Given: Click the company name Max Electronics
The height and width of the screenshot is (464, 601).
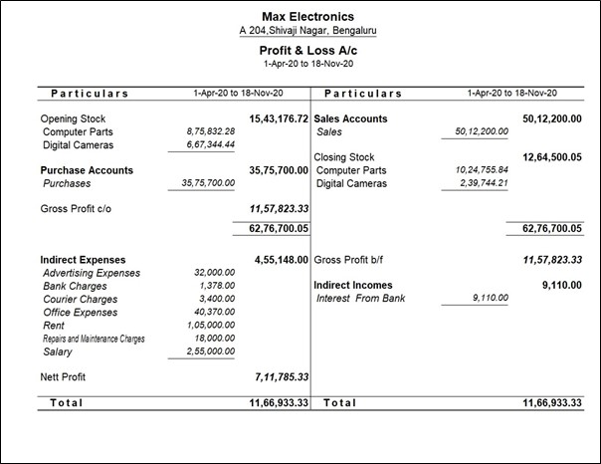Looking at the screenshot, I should click(307, 16).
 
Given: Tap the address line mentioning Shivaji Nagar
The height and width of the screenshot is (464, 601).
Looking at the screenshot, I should click(307, 31).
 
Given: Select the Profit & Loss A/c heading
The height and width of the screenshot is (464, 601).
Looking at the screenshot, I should click(307, 50).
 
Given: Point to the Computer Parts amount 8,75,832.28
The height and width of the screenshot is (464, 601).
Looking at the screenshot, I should click(210, 131).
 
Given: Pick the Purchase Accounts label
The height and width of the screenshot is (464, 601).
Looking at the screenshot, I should click(87, 170).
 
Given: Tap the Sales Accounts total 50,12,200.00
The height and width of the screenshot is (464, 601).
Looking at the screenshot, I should click(551, 119).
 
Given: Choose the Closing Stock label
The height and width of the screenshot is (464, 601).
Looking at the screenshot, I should click(344, 157).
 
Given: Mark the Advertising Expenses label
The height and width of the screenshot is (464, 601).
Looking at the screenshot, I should click(93, 273).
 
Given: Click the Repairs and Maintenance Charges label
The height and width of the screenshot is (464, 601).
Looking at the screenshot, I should click(95, 339).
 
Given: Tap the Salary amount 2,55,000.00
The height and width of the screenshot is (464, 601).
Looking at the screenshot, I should click(210, 351).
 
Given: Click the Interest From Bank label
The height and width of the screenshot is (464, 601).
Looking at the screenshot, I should click(361, 299).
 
